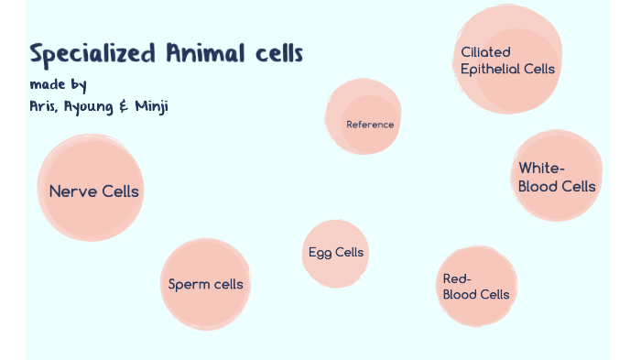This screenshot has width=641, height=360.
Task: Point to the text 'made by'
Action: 58,85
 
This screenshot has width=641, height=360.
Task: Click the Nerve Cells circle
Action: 92,189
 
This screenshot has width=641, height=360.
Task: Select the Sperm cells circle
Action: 205,283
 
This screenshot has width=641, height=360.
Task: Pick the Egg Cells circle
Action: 335,253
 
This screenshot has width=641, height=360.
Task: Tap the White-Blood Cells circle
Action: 556,177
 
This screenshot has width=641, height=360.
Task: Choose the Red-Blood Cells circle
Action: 475,287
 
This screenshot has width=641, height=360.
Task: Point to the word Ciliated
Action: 486,52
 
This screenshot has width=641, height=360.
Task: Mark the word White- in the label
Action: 542,169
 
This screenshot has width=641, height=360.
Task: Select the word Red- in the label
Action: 457,278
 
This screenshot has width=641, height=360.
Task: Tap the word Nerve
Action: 72,191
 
